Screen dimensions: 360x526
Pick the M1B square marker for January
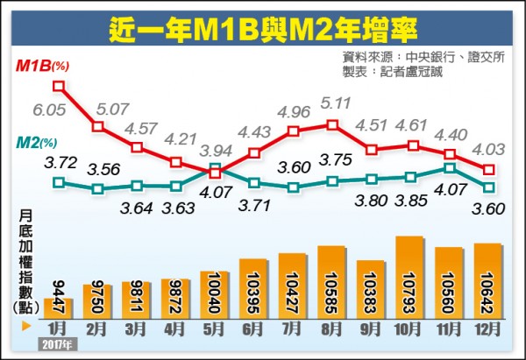click(59, 86)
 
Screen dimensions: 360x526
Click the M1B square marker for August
click(332, 124)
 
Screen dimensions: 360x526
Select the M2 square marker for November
click(449, 167)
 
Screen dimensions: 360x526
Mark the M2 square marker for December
click(488, 186)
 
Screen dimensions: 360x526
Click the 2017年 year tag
click(56, 344)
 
